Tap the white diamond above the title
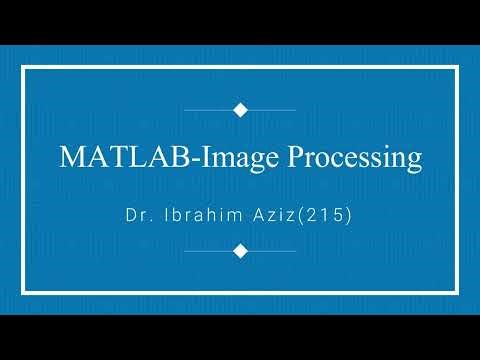240,109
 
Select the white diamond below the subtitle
240,251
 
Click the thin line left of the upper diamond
208,109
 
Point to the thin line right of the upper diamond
271,109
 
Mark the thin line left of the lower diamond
208,251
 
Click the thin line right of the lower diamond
271,251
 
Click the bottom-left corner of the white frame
24,292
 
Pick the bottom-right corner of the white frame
456,292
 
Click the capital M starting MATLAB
71,158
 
